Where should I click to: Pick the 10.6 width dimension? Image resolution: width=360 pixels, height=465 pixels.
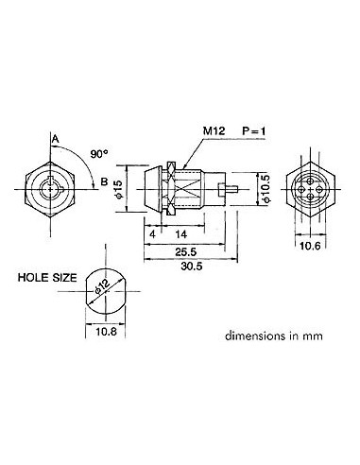click(310, 246)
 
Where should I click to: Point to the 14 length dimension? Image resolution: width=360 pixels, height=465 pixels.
click(180, 232)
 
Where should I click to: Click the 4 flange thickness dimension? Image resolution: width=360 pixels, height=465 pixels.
click(151, 232)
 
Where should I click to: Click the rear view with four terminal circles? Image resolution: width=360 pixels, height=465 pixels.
click(309, 190)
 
